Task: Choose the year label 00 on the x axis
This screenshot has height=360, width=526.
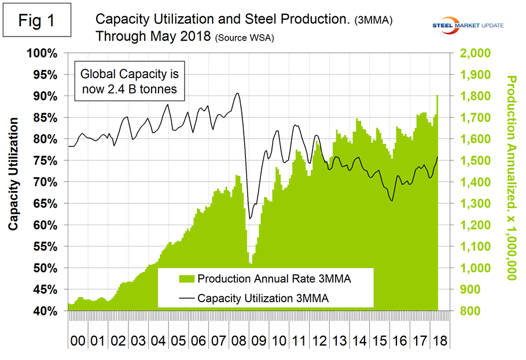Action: tap(77, 337)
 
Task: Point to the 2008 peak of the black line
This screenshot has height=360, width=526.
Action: tap(237, 93)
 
